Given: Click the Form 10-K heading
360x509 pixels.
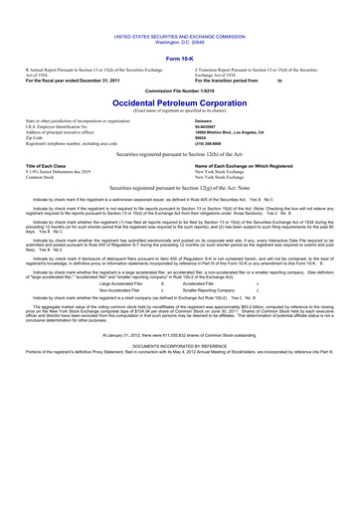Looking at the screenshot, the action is pyautogui.click(x=179, y=60).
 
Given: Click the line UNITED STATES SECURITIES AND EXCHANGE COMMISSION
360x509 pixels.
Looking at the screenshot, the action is pyautogui.click(x=179, y=34).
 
